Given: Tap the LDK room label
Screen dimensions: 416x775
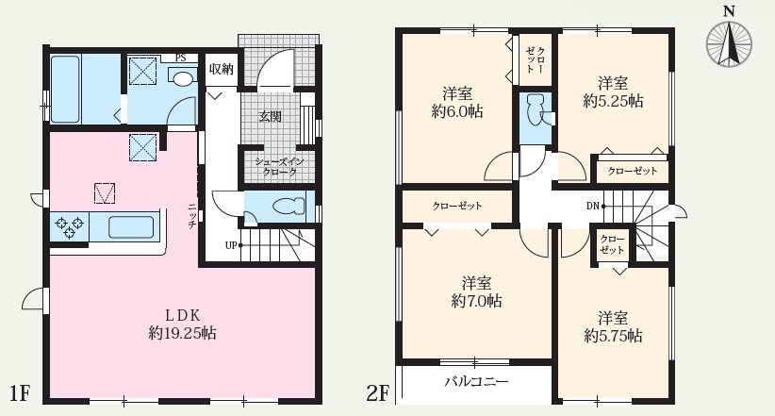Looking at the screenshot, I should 181,314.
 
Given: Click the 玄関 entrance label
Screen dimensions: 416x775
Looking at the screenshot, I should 271,117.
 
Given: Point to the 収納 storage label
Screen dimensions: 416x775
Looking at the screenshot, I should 221,69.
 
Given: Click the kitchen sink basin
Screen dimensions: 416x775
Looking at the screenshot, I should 128,226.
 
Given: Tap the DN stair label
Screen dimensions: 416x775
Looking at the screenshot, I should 592,205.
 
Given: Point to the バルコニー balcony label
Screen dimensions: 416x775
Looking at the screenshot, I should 476,382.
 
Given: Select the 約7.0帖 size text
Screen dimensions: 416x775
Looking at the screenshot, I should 476,301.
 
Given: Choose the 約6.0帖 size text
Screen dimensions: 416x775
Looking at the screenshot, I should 458,110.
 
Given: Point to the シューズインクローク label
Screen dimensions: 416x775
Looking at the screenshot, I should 278,167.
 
